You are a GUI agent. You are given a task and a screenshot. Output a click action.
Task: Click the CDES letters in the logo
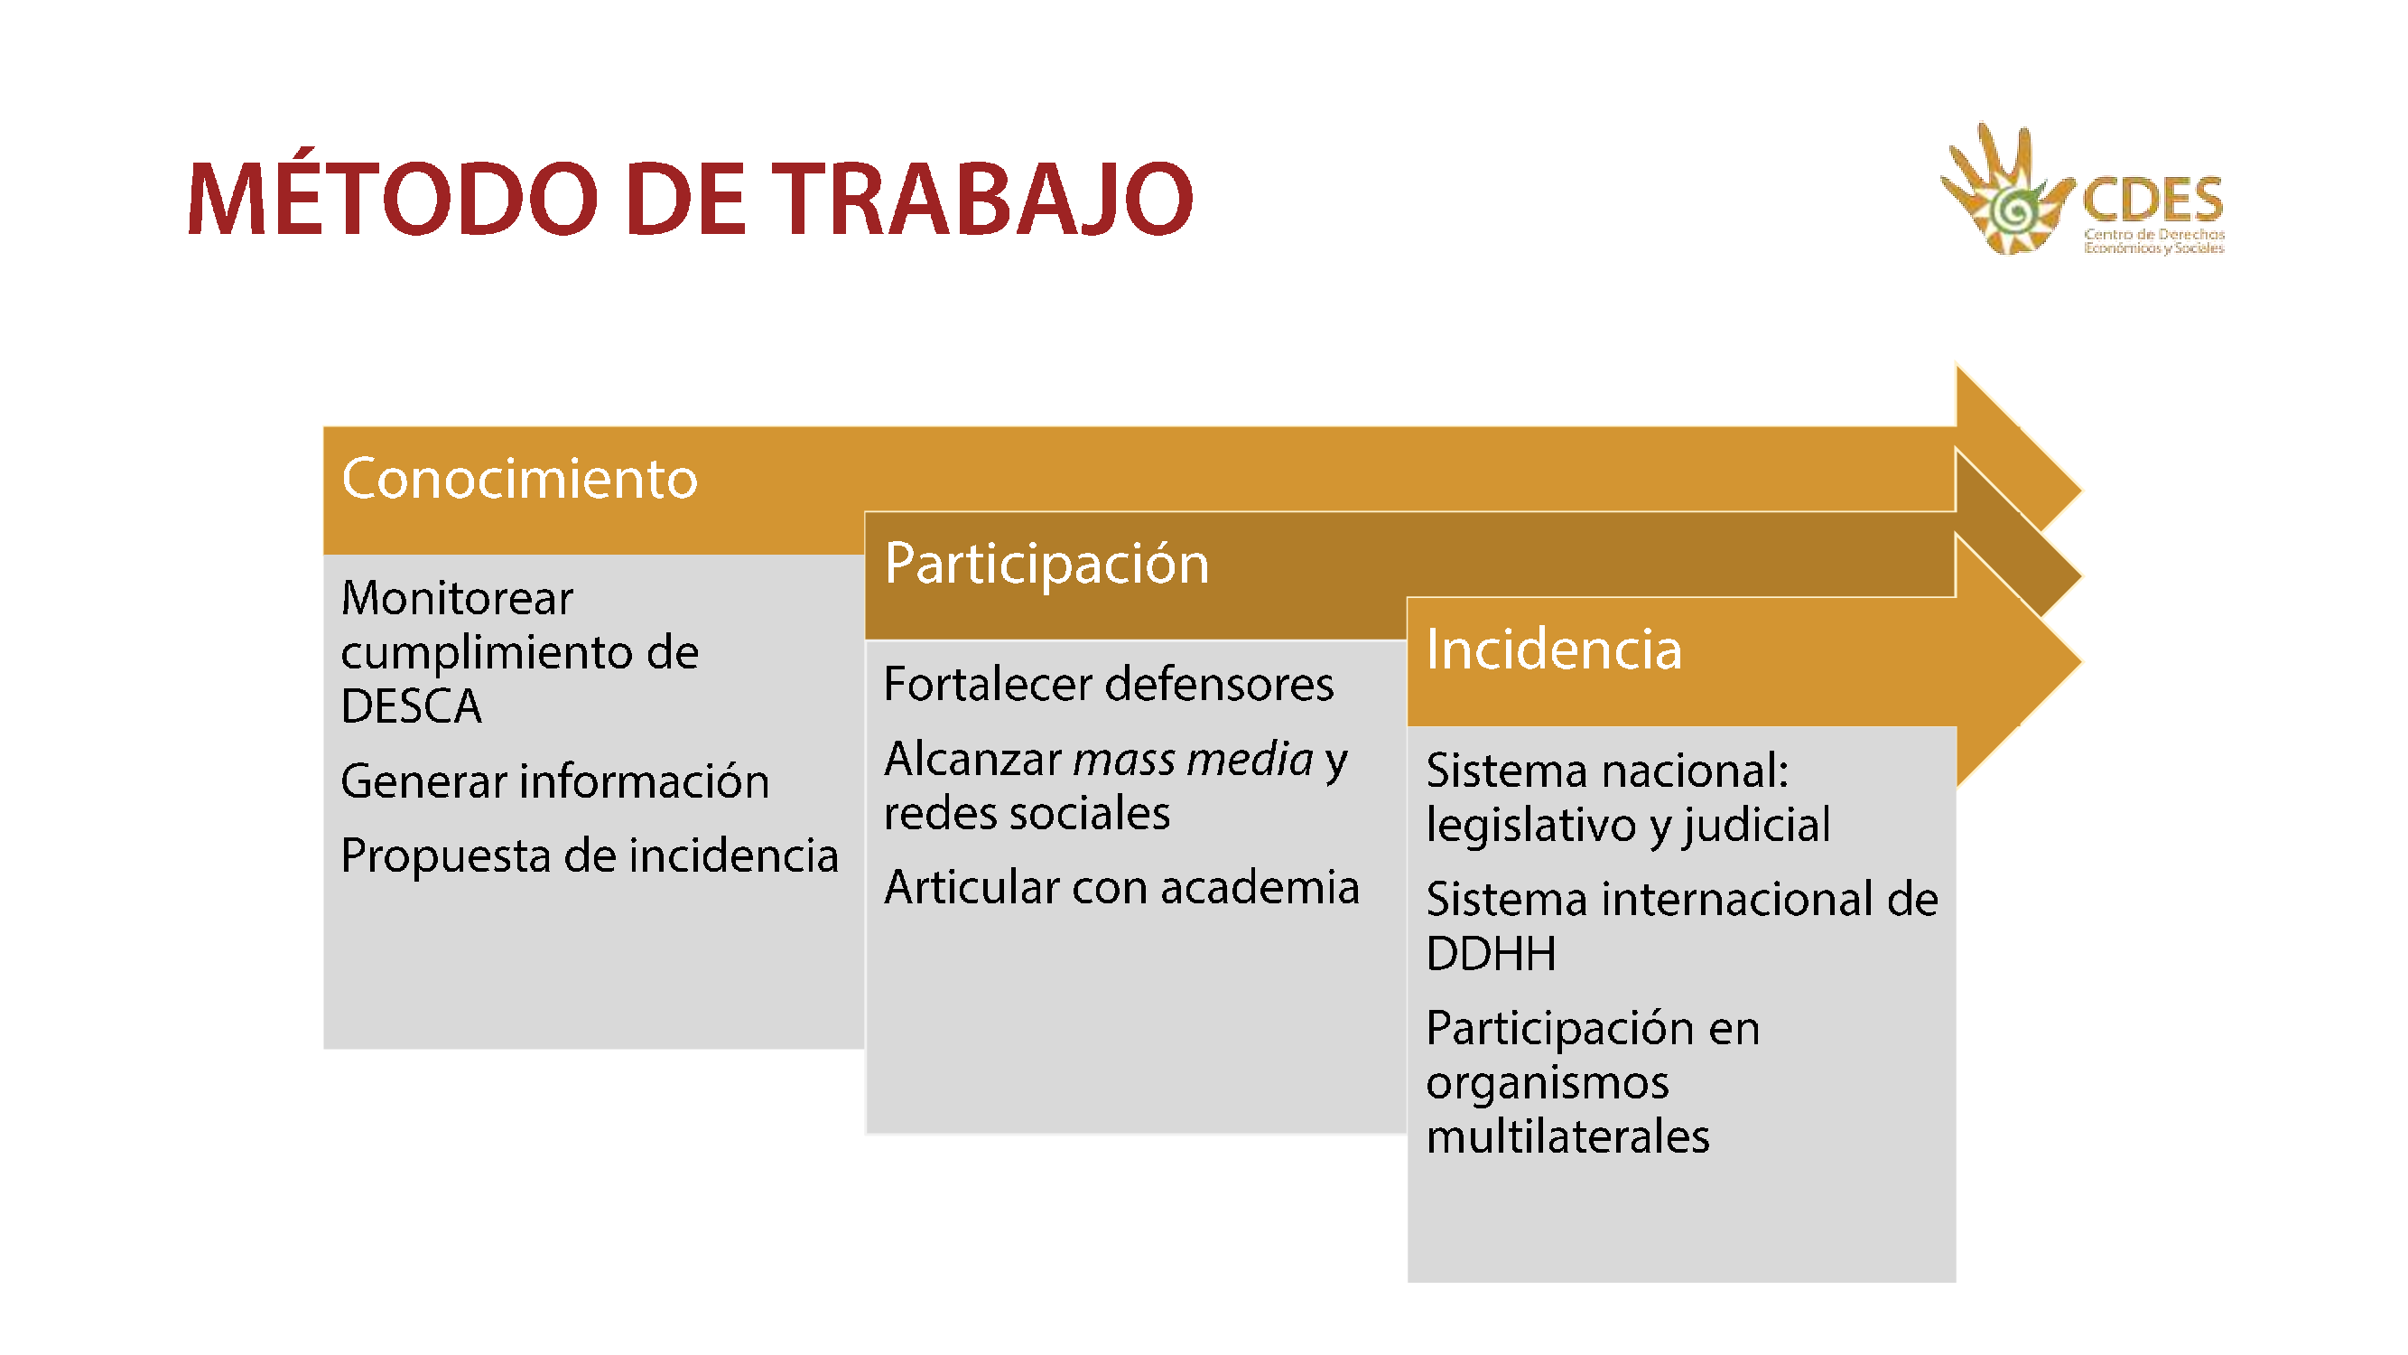[x=2152, y=198]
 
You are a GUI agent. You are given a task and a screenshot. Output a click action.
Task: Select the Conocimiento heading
[x=520, y=479]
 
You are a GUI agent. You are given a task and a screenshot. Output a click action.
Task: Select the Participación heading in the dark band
[x=1046, y=564]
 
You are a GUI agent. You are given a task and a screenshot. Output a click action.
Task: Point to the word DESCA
[x=412, y=706]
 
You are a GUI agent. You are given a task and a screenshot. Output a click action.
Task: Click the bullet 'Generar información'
[x=555, y=781]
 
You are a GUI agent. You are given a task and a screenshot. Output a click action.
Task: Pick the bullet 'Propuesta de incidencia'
[x=590, y=856]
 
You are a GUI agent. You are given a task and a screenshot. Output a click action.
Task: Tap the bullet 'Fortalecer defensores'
[x=1109, y=684]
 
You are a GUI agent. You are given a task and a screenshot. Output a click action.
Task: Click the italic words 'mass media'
[x=1193, y=759]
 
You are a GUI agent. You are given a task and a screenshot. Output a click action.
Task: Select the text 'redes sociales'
[x=1027, y=813]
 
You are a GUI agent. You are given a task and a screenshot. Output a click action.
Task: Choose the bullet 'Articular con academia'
[x=1121, y=887]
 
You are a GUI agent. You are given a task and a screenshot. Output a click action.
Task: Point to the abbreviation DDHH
[x=1491, y=954]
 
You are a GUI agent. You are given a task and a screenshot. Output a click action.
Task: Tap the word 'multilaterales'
[x=1567, y=1137]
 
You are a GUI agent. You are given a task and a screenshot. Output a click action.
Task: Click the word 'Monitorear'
[x=457, y=599]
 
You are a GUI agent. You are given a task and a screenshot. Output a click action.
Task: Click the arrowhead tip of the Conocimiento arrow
[x=2081, y=490]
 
